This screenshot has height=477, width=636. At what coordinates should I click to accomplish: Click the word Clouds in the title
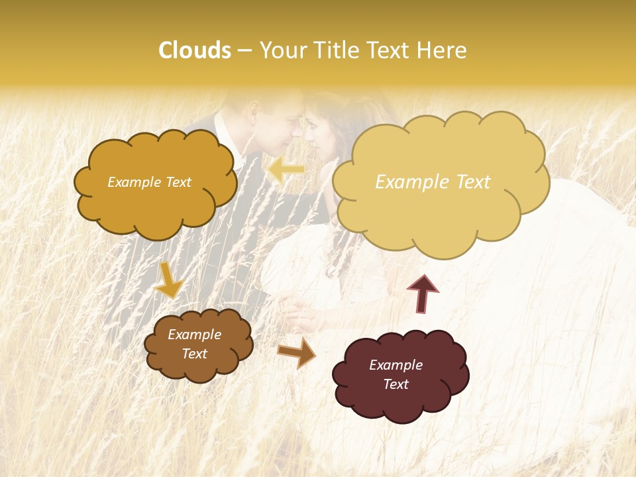pyautogui.click(x=195, y=50)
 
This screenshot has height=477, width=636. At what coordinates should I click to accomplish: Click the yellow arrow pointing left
pyautogui.click(x=286, y=170)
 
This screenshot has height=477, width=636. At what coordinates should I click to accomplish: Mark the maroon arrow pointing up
pyautogui.click(x=423, y=293)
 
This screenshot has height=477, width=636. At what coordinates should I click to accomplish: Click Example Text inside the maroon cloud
pyautogui.click(x=396, y=374)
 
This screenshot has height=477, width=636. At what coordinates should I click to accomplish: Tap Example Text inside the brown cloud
pyautogui.click(x=194, y=344)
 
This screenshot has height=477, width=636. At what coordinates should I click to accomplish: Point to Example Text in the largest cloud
pyautogui.click(x=433, y=182)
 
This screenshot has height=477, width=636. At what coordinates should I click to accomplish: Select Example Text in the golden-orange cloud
pyautogui.click(x=149, y=182)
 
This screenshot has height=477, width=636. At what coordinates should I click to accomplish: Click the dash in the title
pyautogui.click(x=244, y=50)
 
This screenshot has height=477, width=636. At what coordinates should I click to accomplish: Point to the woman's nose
pyautogui.click(x=309, y=136)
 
